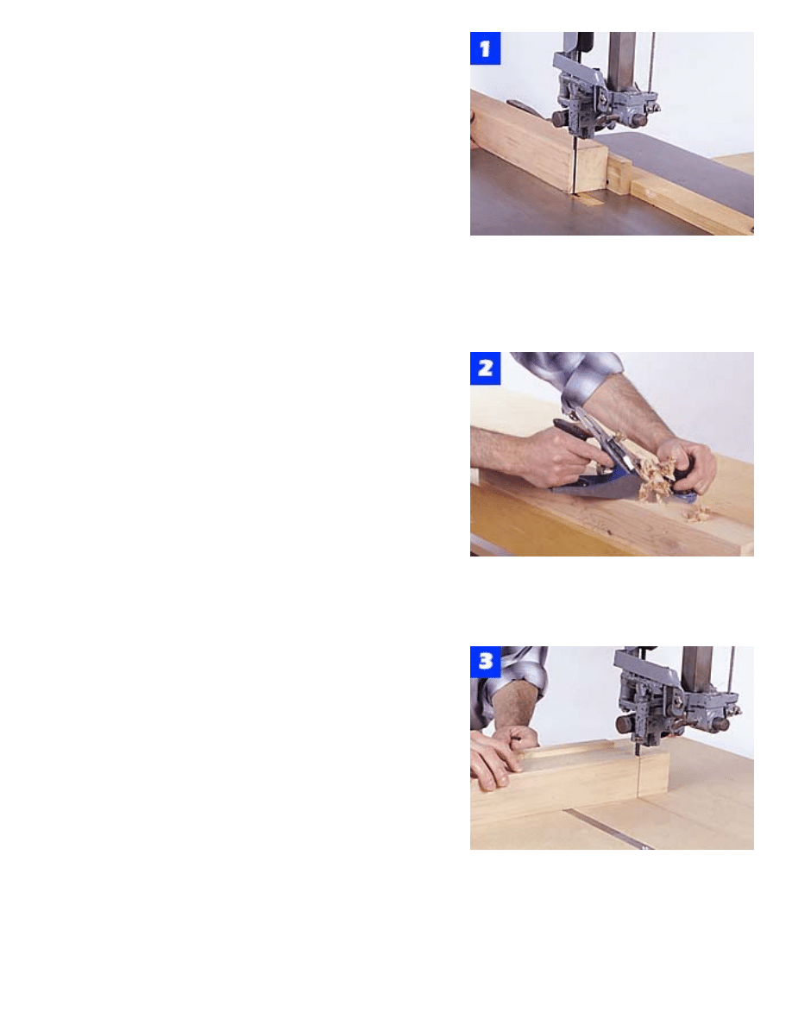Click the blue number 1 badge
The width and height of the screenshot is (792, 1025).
485,48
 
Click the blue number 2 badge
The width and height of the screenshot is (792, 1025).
485,368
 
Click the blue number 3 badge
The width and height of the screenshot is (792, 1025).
485,663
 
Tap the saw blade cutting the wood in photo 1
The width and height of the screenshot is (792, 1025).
572,167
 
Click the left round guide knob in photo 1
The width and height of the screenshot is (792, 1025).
560,119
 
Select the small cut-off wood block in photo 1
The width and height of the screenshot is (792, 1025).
591,168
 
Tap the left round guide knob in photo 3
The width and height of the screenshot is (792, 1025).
625,724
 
